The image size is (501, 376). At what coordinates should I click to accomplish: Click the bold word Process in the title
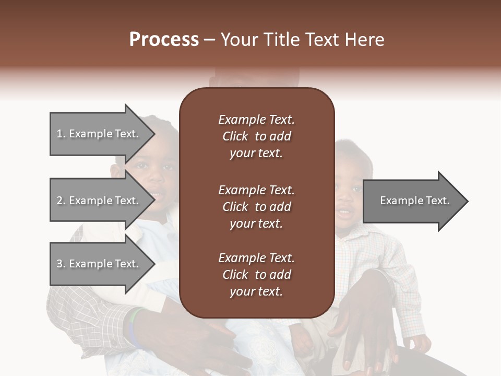[164, 40]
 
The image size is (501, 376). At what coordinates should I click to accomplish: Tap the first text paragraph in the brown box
[256, 136]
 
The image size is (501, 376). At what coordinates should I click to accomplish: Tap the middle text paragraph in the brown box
[256, 206]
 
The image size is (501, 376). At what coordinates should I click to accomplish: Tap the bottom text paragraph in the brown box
[256, 275]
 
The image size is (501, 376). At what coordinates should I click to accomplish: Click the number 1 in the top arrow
[59, 134]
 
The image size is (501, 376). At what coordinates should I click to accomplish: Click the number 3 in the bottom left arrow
[59, 264]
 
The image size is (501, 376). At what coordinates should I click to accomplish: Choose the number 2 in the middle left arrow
[59, 201]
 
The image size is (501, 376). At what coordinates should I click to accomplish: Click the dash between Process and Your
[210, 40]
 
